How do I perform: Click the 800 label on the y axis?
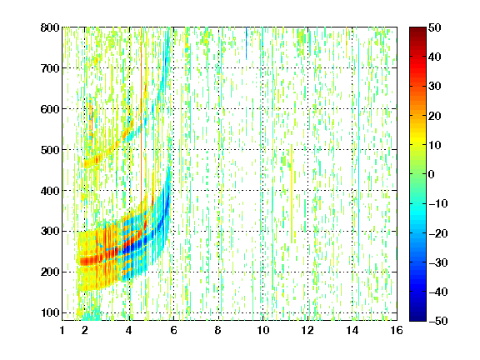point(50,27)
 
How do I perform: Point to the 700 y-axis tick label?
point(50,68)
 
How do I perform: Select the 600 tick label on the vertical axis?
point(50,109)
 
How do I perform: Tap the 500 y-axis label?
point(50,150)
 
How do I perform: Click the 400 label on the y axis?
point(50,191)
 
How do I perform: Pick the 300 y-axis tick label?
point(50,232)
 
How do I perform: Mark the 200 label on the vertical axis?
point(50,272)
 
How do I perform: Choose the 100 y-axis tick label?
point(50,313)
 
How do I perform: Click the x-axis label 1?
point(62,330)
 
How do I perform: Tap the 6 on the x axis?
point(173,330)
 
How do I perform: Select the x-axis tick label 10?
point(262,330)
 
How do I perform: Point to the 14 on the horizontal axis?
point(352,330)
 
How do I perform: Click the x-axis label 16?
point(397,330)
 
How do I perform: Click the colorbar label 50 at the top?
point(434,27)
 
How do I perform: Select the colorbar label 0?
point(432,174)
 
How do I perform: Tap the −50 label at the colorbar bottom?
point(438,321)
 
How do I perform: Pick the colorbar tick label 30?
point(434,87)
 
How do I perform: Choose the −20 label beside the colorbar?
point(438,233)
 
